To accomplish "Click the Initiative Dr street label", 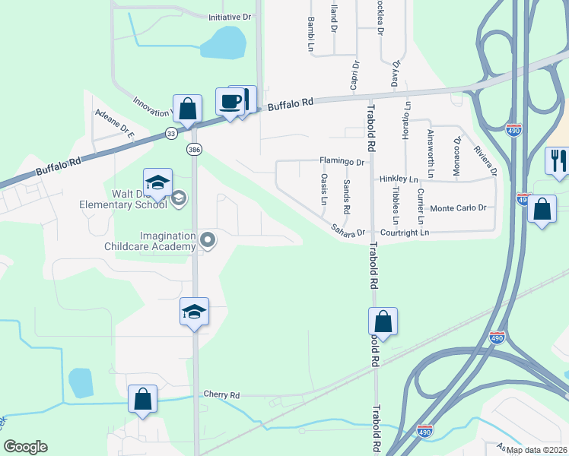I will pyautogui.click(x=230, y=16).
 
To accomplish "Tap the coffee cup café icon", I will pyautogui.click(x=231, y=101).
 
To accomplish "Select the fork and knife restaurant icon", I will pyautogui.click(x=557, y=161).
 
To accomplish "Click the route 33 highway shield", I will pyautogui.click(x=171, y=134).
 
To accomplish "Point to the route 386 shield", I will pyautogui.click(x=195, y=149).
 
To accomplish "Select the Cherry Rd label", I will pyautogui.click(x=221, y=395).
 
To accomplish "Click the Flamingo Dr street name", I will pyautogui.click(x=342, y=162).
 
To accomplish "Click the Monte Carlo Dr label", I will pyautogui.click(x=463, y=207).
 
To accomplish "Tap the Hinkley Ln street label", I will pyautogui.click(x=399, y=179).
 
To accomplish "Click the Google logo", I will pyautogui.click(x=25, y=446).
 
